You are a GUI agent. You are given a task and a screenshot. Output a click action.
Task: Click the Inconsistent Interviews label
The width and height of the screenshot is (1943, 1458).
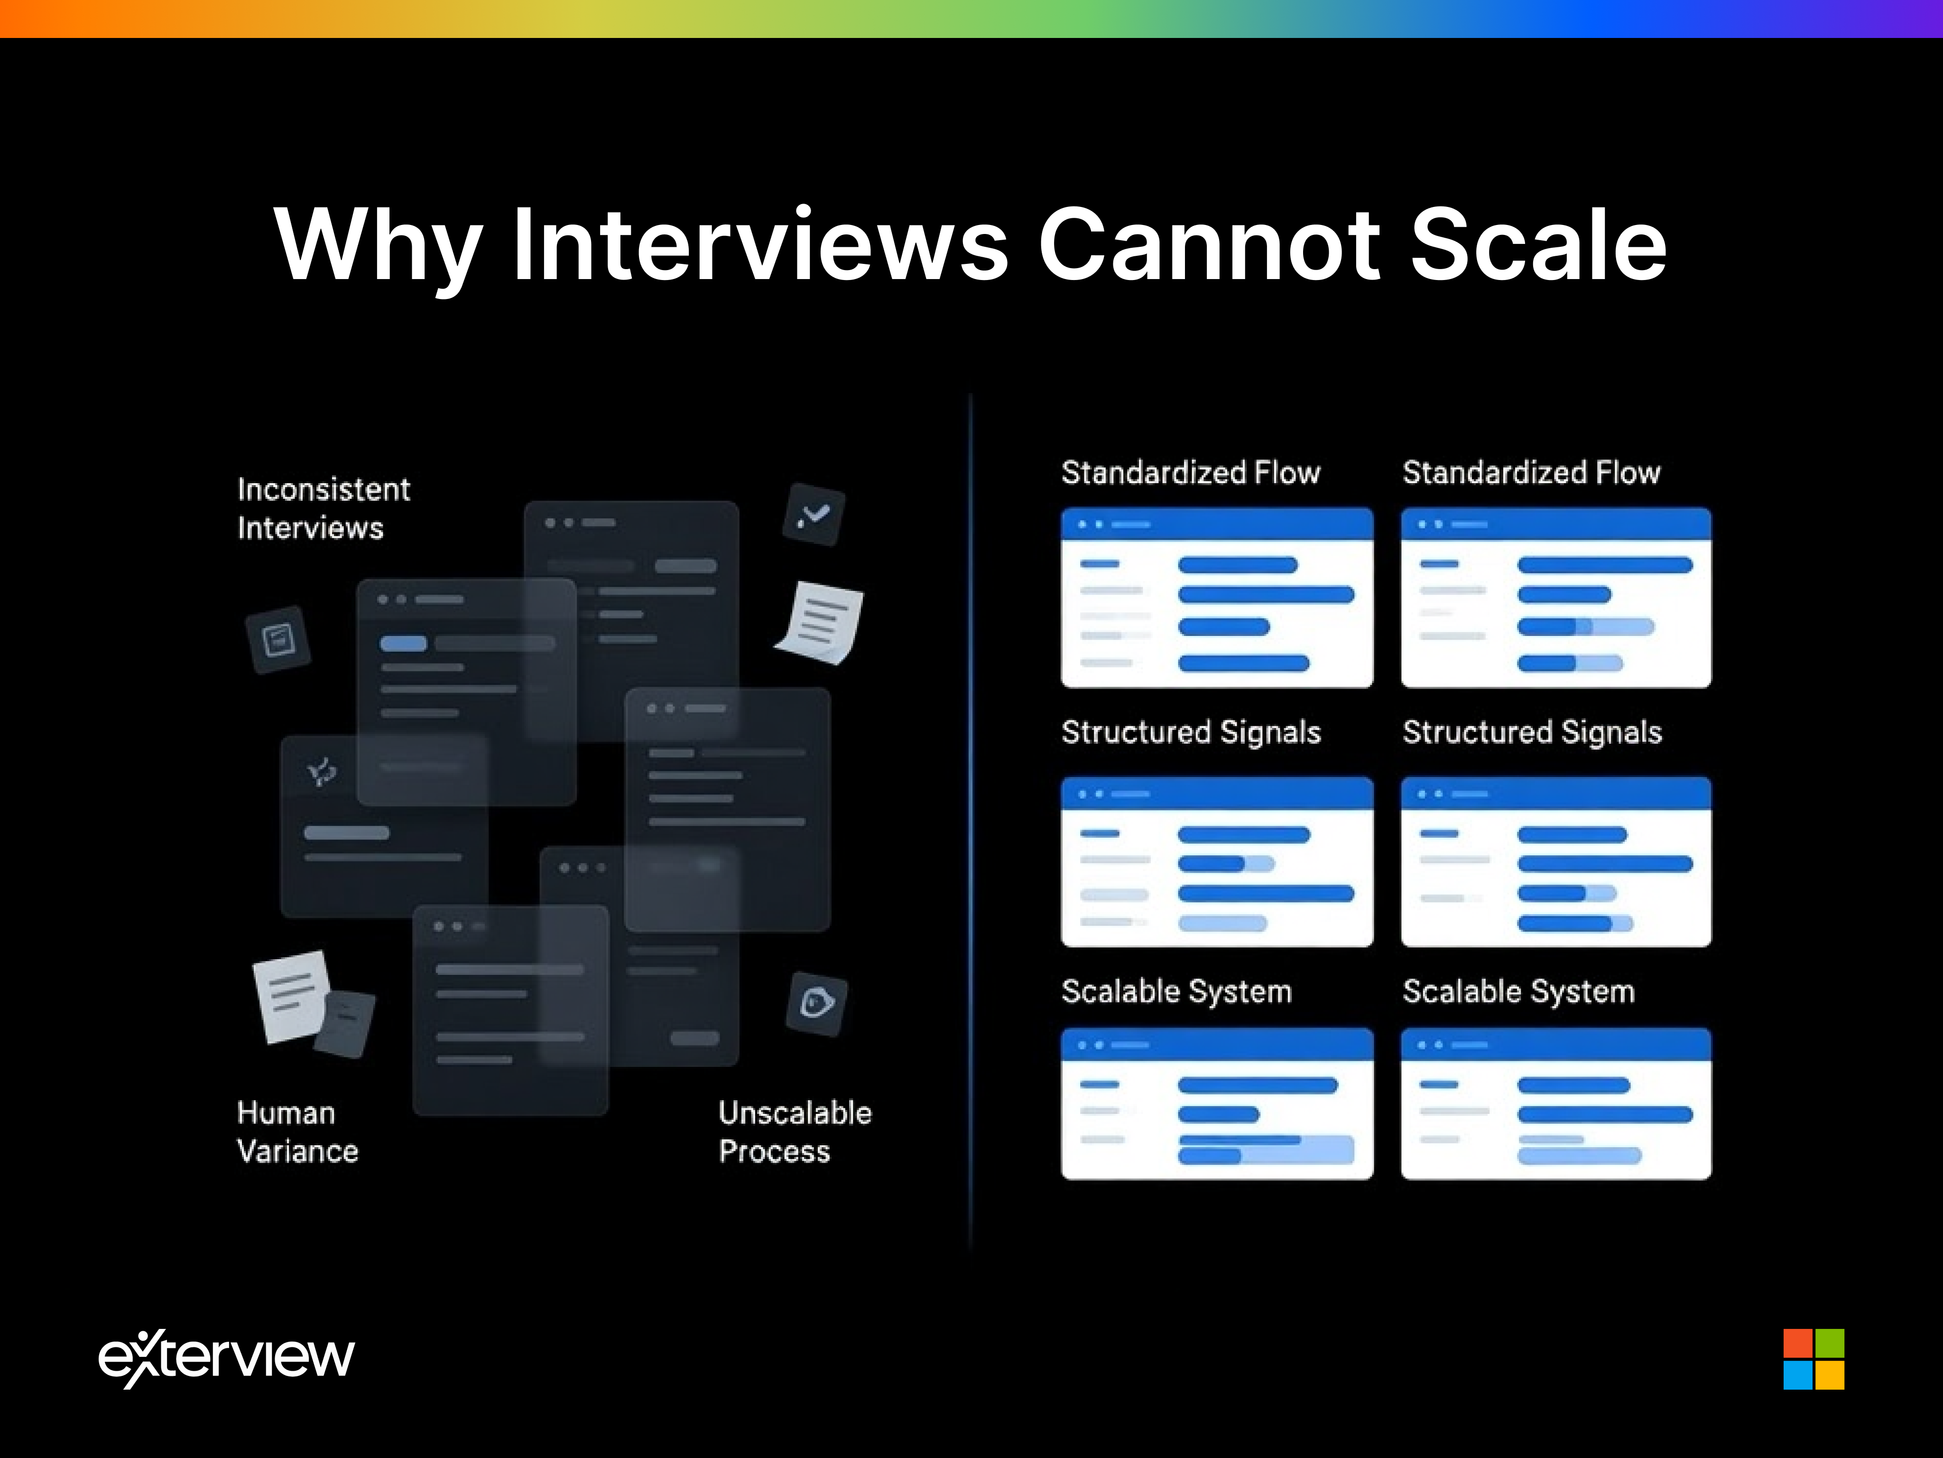tap(323, 508)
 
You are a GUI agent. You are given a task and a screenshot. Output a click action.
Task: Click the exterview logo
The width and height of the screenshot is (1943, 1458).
tap(227, 1358)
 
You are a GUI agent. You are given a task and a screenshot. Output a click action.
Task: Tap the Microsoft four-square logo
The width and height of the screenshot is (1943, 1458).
tap(1814, 1359)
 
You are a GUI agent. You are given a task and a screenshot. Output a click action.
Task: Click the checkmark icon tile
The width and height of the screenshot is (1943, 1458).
tap(814, 514)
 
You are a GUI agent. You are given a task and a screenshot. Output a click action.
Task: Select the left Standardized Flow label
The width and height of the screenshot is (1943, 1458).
tap(1190, 473)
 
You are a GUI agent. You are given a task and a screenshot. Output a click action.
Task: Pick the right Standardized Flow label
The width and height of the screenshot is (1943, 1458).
tap(1531, 473)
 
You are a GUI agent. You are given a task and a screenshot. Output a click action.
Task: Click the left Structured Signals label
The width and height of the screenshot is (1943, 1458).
tap(1190, 732)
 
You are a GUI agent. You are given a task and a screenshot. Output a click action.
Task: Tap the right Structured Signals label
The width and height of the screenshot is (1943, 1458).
tap(1532, 732)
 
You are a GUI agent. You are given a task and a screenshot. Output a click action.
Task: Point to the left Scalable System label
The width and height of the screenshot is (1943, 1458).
tap(1176, 991)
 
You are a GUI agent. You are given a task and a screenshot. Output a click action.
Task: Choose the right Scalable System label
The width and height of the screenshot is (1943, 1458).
tap(1518, 991)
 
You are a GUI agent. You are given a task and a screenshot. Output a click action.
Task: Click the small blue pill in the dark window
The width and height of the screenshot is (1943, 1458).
tap(403, 643)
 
